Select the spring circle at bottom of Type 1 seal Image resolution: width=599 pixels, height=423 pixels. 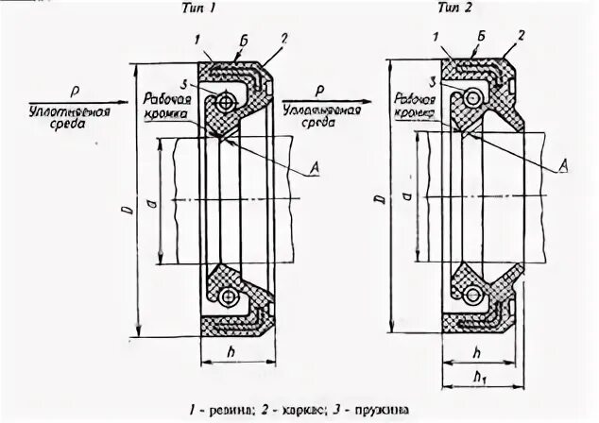click(226, 298)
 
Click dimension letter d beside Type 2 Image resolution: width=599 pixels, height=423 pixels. click(407, 195)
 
